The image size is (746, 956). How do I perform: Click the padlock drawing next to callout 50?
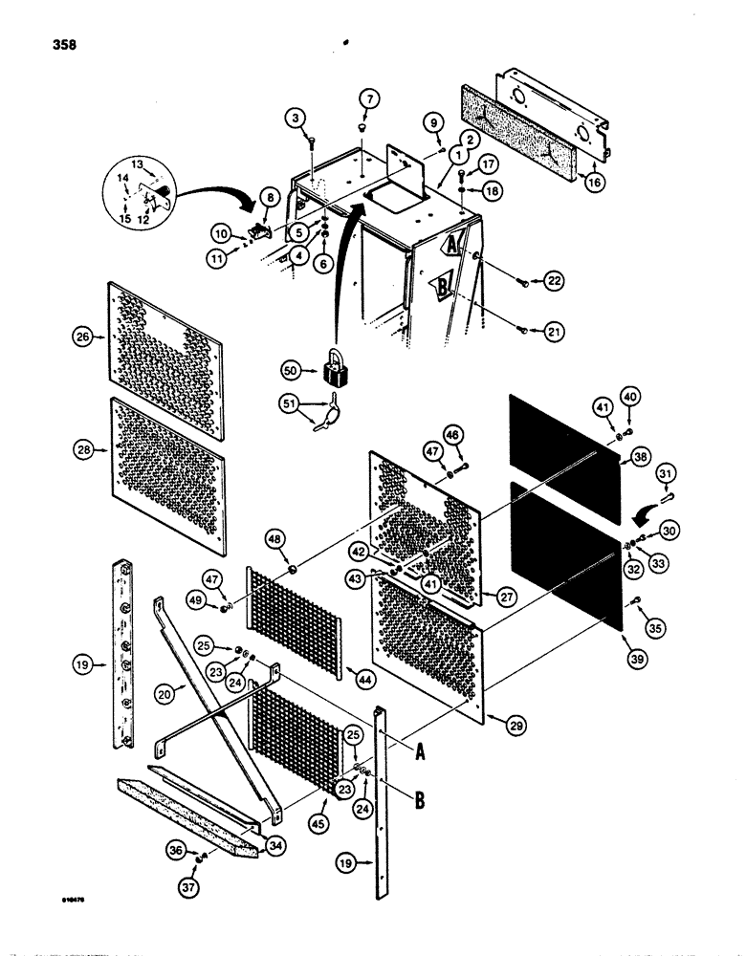(336, 366)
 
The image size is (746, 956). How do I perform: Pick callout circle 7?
(371, 98)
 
